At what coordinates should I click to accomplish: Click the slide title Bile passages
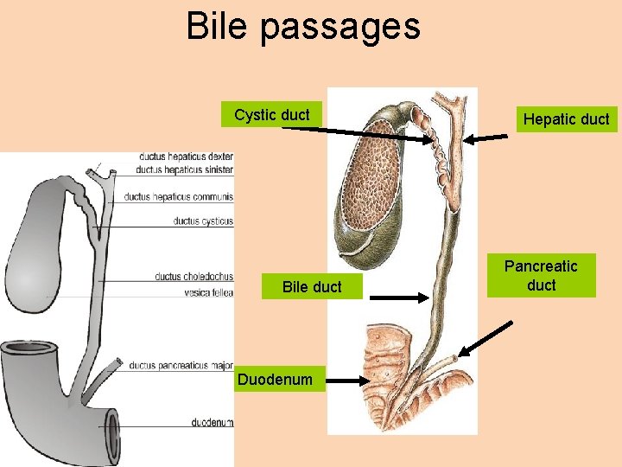pyautogui.click(x=303, y=27)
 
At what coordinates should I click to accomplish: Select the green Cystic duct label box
pyautogui.click(x=271, y=115)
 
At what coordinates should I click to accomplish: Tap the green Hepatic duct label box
pyautogui.click(x=567, y=119)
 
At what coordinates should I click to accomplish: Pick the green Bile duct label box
pyautogui.click(x=312, y=286)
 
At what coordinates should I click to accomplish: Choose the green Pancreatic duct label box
pyautogui.click(x=541, y=275)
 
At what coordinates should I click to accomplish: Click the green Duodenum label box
pyautogui.click(x=275, y=379)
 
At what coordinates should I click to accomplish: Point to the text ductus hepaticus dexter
pyautogui.click(x=186, y=157)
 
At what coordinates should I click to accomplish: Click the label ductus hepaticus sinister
pyautogui.click(x=185, y=170)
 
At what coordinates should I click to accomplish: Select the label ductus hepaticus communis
pyautogui.click(x=178, y=196)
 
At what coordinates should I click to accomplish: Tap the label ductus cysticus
pyautogui.click(x=203, y=221)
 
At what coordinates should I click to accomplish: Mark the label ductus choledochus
pyautogui.click(x=194, y=277)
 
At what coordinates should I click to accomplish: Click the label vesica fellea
pyautogui.click(x=208, y=293)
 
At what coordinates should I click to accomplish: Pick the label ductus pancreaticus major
pyautogui.click(x=181, y=366)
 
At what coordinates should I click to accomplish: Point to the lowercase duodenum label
pyautogui.click(x=213, y=422)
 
